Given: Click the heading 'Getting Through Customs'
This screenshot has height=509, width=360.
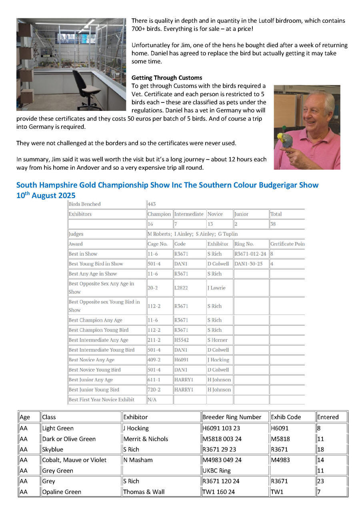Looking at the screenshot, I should tap(167, 78).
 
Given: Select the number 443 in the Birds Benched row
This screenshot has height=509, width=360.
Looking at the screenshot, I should tap(152, 204).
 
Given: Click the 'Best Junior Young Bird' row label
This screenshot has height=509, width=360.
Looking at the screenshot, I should tap(94, 390).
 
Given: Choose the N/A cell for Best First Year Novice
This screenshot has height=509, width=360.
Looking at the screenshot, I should tap(152, 400).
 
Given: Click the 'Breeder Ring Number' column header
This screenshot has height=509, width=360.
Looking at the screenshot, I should tap(232, 417).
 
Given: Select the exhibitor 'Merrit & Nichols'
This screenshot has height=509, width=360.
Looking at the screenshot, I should tap(146, 439).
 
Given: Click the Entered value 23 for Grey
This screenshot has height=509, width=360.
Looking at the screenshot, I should tap(320, 481).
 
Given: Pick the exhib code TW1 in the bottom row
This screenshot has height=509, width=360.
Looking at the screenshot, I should tap(277, 492).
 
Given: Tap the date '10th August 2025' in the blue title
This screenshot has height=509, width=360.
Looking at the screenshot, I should tap(46, 196).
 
